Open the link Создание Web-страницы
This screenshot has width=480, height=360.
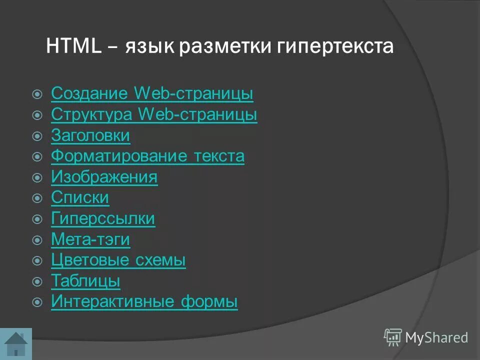(152, 93)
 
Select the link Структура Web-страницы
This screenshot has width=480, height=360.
(154, 114)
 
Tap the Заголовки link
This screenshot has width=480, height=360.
(90, 135)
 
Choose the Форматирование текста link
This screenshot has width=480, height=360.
(147, 156)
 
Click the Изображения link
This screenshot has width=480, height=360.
(104, 177)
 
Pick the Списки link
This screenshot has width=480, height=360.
(80, 198)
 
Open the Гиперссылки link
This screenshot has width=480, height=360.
(103, 219)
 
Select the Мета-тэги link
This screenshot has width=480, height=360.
(90, 240)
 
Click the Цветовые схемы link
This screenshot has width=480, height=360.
(118, 260)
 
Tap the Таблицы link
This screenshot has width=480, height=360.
(85, 281)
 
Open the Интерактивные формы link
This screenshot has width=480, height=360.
(144, 302)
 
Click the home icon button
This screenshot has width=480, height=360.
(16, 343)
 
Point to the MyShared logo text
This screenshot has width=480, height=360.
(436, 337)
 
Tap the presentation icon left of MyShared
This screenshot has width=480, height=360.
(392, 337)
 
